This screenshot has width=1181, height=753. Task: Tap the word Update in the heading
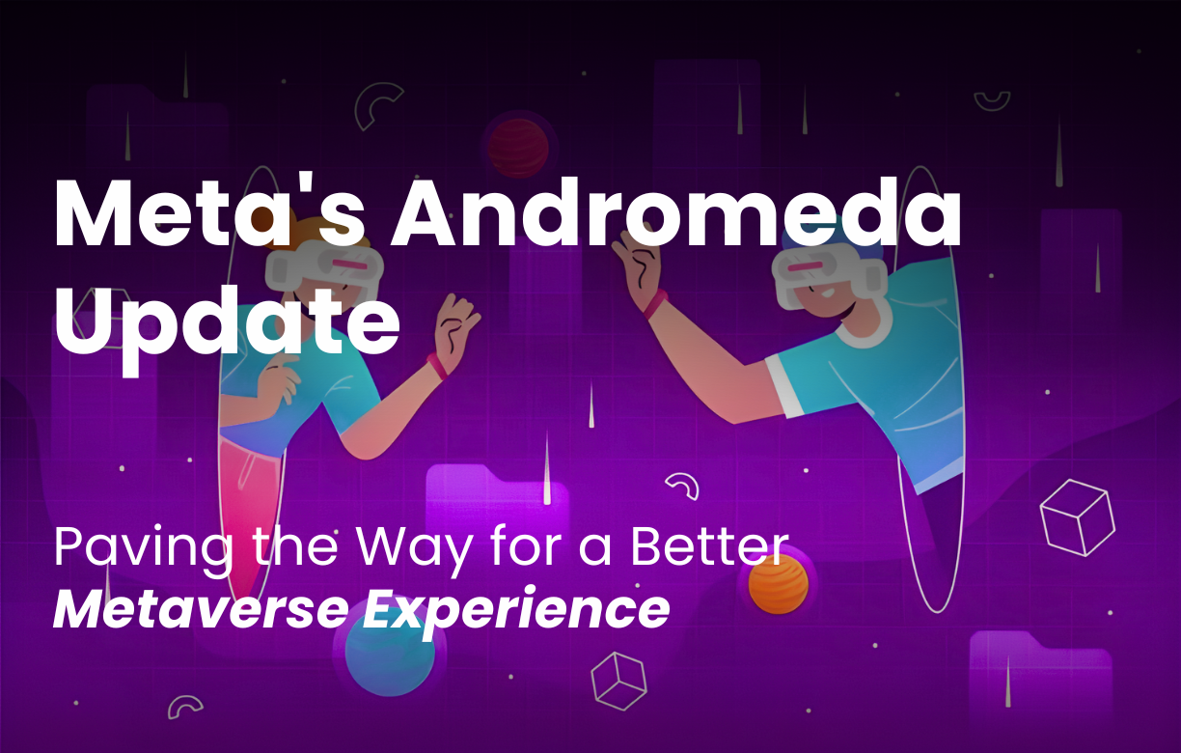[227, 319]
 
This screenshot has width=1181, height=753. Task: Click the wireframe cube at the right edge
[1077, 517]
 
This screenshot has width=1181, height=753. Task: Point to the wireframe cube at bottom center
[618, 680]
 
